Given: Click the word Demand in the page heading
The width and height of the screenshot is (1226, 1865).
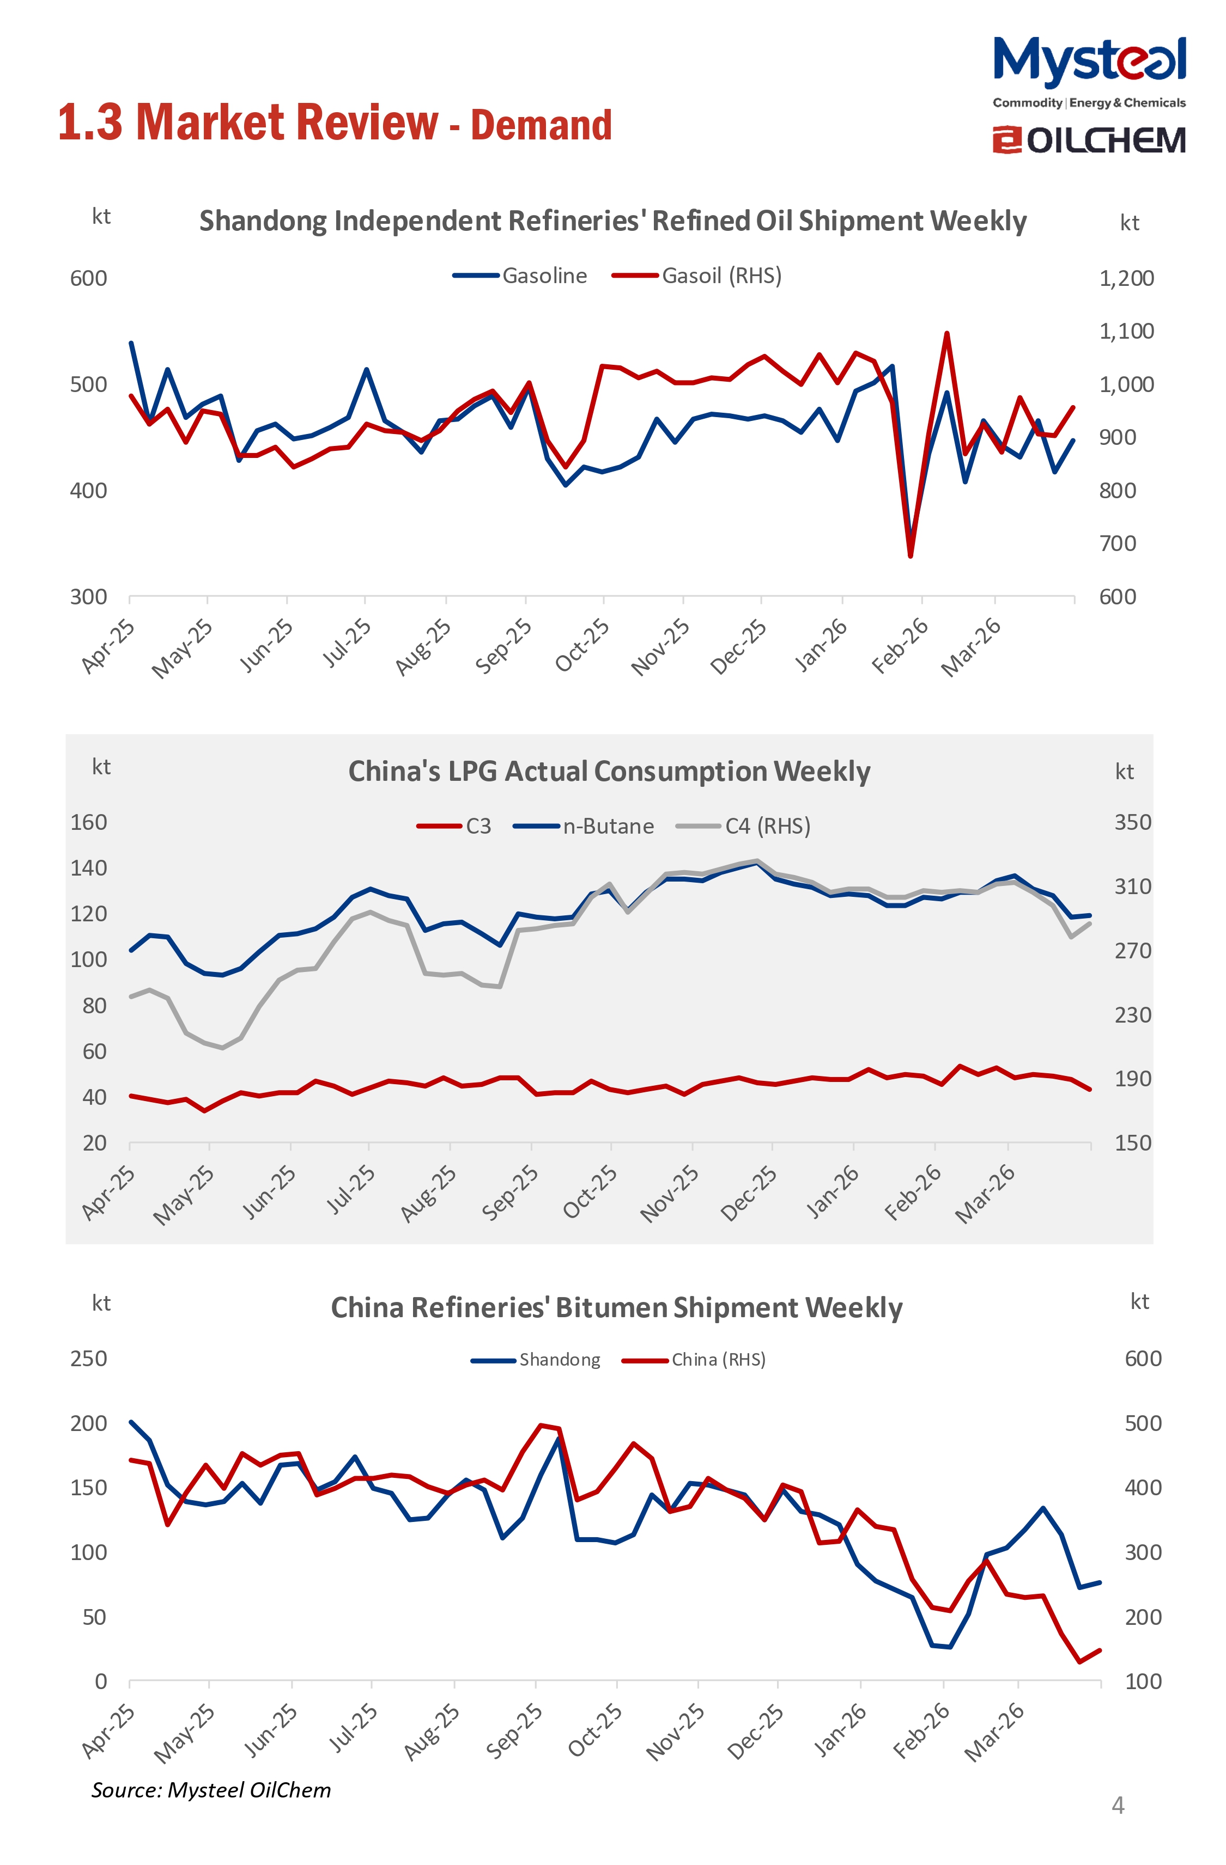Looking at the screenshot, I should click(541, 125).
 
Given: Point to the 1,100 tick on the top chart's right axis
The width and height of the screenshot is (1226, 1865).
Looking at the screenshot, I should click(1126, 331).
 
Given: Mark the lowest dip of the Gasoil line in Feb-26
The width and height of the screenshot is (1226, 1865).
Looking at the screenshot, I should click(910, 555).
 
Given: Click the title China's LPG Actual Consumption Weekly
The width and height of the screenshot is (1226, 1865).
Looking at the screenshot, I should click(609, 771).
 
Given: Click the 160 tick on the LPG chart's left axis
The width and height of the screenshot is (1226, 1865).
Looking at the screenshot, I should click(89, 822).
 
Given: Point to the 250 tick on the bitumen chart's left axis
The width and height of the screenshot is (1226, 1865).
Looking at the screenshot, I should click(89, 1358).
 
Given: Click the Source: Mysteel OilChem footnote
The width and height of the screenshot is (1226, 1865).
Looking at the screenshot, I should click(211, 1790).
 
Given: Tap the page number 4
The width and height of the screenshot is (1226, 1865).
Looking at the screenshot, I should click(1118, 1806).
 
